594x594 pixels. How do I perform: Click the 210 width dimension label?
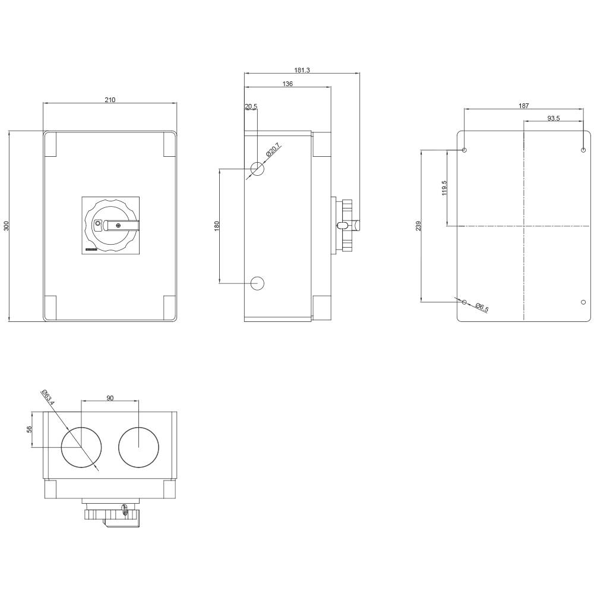(x=110, y=100)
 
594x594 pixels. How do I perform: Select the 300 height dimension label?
(x=7, y=226)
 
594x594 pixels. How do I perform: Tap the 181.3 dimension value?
(x=302, y=70)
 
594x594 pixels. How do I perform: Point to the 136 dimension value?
(x=287, y=84)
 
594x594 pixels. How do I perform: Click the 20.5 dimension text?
(x=251, y=107)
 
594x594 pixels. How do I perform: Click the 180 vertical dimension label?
(x=217, y=226)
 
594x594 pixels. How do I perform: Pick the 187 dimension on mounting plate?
(x=523, y=106)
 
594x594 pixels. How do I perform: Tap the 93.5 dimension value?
(x=553, y=119)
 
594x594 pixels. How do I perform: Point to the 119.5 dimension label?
(x=444, y=188)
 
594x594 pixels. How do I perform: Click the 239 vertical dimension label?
(x=418, y=226)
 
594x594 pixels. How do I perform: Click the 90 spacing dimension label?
(x=110, y=398)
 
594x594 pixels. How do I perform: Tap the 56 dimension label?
(x=29, y=429)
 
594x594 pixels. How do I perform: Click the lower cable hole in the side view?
(x=257, y=283)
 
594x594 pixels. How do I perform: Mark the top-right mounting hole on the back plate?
(x=583, y=150)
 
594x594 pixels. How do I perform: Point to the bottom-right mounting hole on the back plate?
(x=583, y=302)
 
